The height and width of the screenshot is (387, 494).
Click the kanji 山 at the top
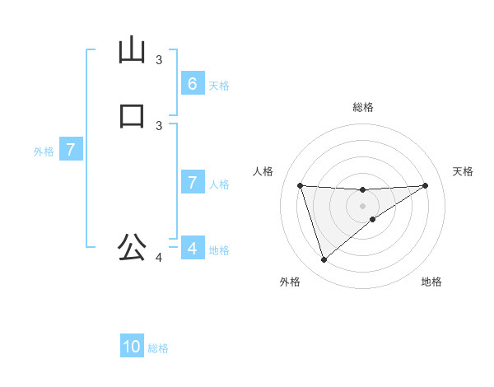coord(132,50)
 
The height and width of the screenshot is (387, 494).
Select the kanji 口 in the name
coord(132,115)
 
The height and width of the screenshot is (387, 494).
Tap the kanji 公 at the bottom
coord(132,246)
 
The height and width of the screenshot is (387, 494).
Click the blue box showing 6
coord(192,83)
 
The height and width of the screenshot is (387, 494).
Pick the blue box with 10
coord(132,347)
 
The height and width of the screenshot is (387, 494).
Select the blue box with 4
coord(192,248)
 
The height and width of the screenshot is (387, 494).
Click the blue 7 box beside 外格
coord(71,150)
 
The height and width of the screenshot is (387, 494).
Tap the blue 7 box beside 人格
coord(192,182)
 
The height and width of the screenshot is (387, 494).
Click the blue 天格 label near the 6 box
coord(219,86)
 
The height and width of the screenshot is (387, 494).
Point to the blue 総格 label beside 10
coord(158,348)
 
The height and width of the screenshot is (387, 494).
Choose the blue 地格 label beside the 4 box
coord(219,250)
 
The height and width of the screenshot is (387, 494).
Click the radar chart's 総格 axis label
coord(362,107)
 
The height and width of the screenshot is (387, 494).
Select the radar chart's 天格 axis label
coord(464,171)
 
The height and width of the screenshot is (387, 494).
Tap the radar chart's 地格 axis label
coord(431,282)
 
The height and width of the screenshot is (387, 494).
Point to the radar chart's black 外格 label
coord(290,282)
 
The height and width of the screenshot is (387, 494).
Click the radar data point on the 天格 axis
coord(425,185)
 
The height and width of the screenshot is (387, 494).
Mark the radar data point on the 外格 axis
coord(324,260)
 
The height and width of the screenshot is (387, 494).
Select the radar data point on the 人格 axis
coord(300,185)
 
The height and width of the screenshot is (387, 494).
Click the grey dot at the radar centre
coord(362,205)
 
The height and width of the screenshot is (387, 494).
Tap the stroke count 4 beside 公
coord(159,258)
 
